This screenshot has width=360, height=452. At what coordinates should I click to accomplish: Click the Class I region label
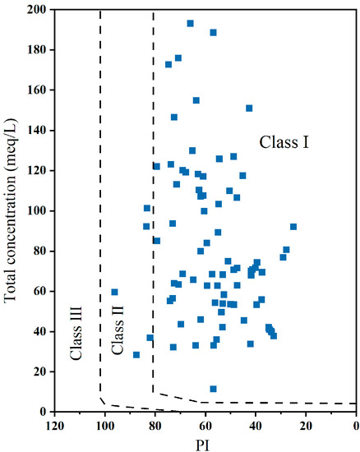pos(284,142)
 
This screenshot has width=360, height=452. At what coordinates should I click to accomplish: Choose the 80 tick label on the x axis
pos(154,424)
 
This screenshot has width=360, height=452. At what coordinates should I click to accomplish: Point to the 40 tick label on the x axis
pos(256,424)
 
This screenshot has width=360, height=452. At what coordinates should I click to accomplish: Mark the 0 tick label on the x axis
pos(356,424)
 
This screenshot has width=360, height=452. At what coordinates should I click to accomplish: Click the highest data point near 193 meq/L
pos(190,23)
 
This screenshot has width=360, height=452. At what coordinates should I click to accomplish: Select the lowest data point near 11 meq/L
pos(213,389)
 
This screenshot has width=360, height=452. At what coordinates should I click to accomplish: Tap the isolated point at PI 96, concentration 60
pos(114,292)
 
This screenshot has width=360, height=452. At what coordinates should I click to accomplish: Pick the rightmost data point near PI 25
pos(293,227)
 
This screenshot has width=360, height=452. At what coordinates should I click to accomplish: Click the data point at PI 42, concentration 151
pos(249,108)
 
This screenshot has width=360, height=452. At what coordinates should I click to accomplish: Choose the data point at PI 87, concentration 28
pos(136,355)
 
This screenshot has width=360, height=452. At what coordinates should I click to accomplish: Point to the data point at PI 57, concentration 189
pos(213,32)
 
